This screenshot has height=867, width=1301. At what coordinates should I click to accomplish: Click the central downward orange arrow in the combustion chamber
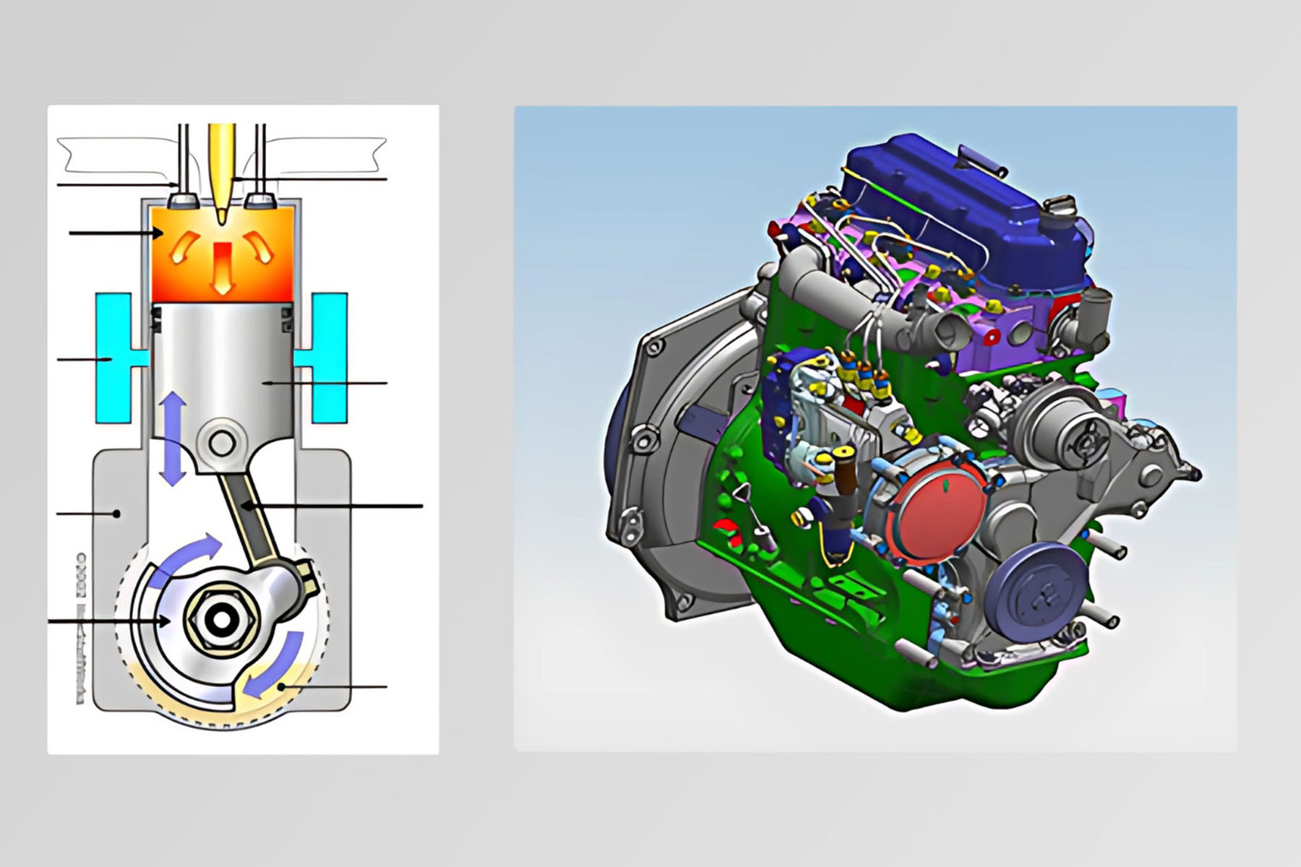tap(222, 268)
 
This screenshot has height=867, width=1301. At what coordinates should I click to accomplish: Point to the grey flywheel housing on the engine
tap(650, 462)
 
